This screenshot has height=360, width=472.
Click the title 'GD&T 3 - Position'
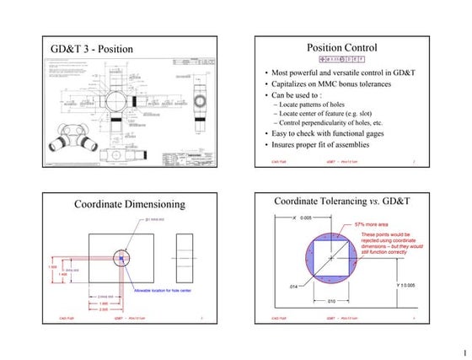point(93,49)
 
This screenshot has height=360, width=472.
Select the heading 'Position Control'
point(341,48)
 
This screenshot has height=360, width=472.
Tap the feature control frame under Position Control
point(341,61)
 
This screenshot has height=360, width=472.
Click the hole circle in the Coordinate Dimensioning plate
point(124,257)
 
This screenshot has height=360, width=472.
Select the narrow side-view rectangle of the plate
point(186,257)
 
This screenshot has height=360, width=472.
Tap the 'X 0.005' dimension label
point(302,218)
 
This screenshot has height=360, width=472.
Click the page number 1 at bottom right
point(463,352)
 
